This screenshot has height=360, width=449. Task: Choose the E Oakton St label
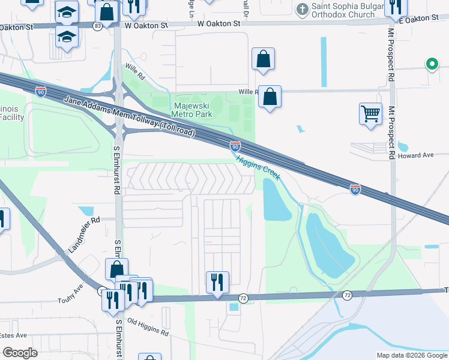pos(418,19)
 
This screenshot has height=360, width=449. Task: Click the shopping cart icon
pos(371,113)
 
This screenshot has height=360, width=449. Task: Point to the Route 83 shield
pos(98,26)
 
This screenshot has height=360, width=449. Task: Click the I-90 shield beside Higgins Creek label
pos(235,146)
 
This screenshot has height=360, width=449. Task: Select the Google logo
pos(20,353)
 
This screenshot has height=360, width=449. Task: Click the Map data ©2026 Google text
pos(411,355)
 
